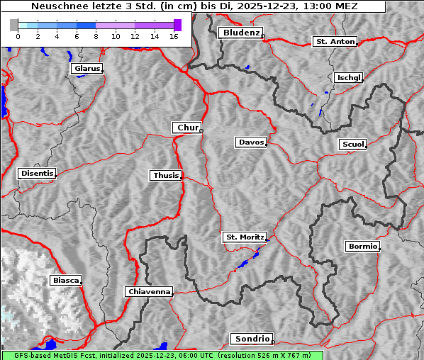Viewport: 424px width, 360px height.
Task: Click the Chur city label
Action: point(188,128)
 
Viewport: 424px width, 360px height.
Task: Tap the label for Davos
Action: point(251,142)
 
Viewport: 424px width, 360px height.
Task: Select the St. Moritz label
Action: point(244,237)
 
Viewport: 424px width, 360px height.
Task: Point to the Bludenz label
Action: point(240,33)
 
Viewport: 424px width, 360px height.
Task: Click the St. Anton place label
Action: point(335,42)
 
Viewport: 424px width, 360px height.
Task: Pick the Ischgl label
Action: point(348,77)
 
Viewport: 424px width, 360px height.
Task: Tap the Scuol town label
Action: point(352,145)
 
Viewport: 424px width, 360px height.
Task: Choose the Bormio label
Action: point(362,247)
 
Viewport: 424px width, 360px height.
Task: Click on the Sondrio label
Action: point(251,339)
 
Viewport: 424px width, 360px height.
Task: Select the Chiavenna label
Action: point(149,291)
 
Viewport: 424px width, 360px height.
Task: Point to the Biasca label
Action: point(65,281)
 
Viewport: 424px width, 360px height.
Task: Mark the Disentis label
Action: point(36,173)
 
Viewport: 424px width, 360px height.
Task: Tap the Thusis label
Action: point(166,175)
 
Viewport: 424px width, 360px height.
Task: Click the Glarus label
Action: point(86,69)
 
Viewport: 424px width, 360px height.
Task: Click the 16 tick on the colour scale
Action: point(174,35)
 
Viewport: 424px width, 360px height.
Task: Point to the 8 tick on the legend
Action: point(96,35)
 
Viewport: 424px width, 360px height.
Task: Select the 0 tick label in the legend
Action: point(18,35)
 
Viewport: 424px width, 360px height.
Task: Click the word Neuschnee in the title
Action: point(57,6)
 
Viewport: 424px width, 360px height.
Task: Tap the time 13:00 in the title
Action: point(313,6)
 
